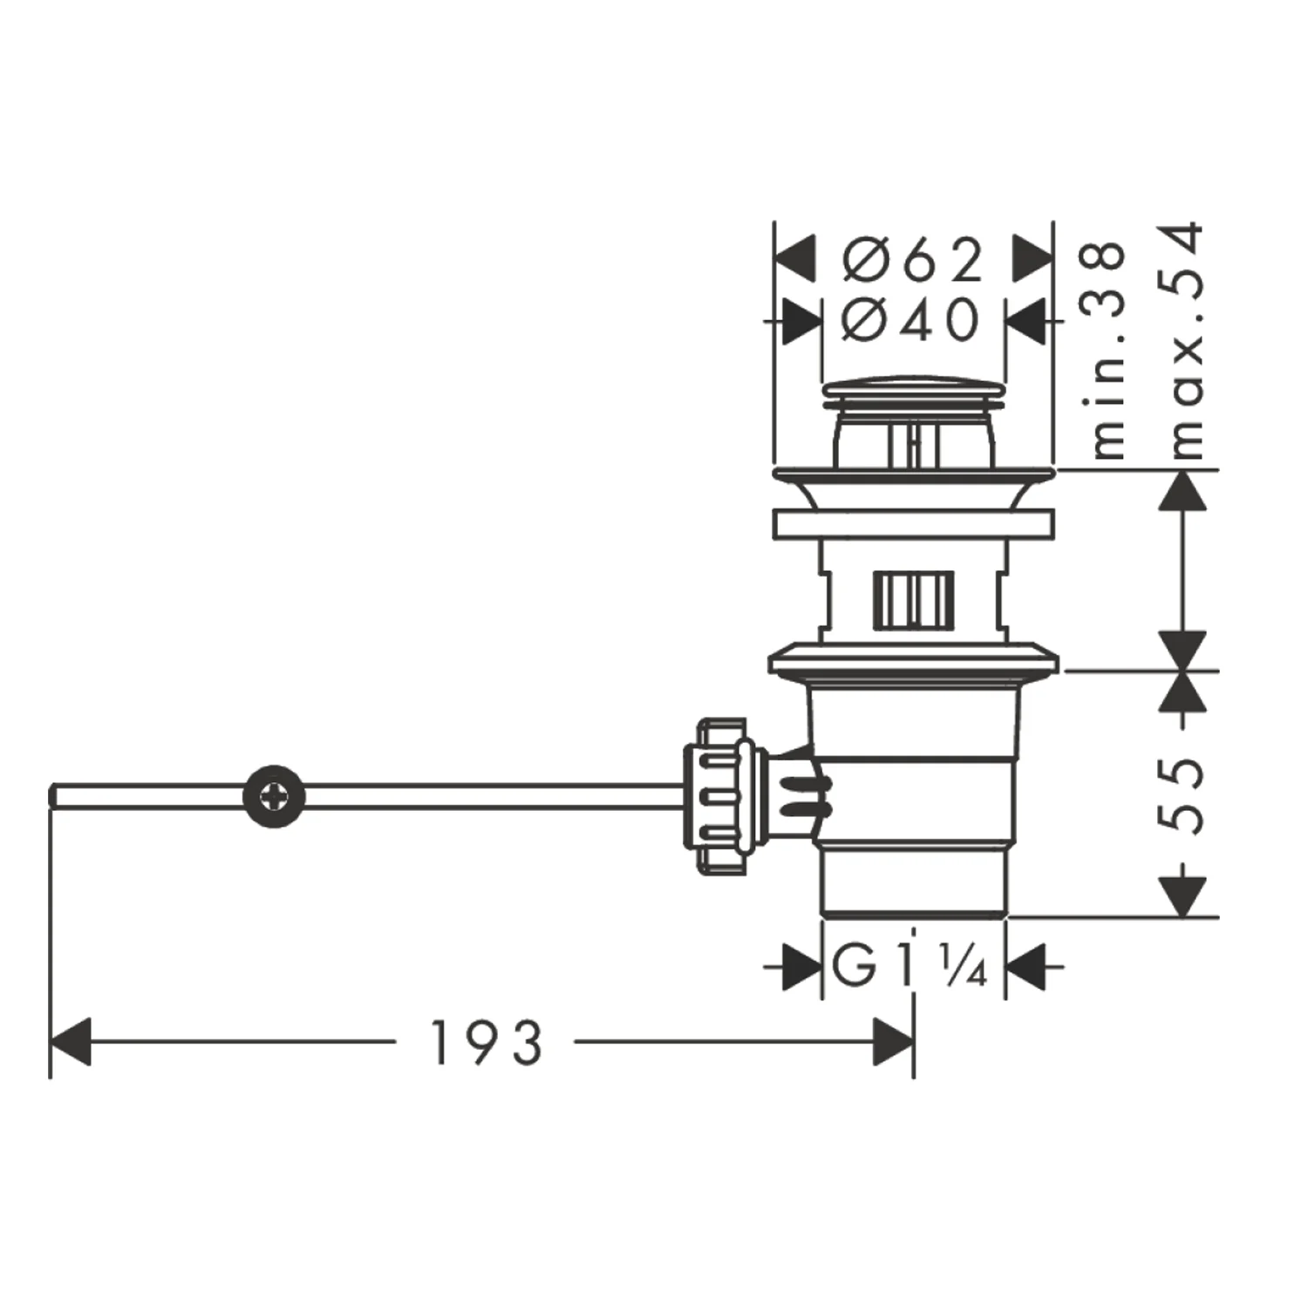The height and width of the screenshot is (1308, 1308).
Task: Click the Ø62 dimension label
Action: point(913,260)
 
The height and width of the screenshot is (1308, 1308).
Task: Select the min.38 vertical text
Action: point(1108,350)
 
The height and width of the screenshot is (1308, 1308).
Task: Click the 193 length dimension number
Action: point(487,1042)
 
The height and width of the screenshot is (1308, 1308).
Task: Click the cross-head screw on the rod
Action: point(275,796)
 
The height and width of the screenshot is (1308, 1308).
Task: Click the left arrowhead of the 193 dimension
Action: point(71,1041)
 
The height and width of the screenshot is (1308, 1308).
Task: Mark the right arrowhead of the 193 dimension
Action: point(893,1041)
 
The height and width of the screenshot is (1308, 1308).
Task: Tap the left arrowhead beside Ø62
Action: point(795,259)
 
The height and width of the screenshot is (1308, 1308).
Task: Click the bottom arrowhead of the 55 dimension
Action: point(1183,896)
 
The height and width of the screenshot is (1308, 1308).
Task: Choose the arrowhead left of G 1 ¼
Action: point(802,966)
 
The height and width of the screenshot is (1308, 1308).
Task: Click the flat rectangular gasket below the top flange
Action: point(913,523)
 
